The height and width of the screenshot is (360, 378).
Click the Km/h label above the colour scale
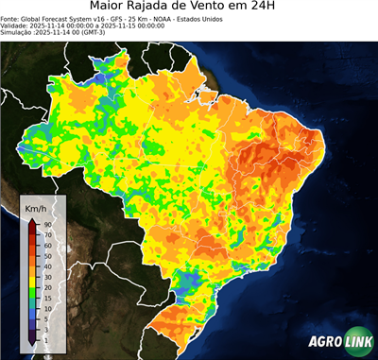click(x=36, y=208)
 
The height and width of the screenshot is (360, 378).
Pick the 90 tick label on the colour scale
click(x=46, y=223)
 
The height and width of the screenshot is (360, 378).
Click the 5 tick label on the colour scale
click(x=45, y=317)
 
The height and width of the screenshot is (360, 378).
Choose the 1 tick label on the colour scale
click(x=45, y=337)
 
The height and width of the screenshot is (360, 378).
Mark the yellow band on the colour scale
click(x=32, y=270)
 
